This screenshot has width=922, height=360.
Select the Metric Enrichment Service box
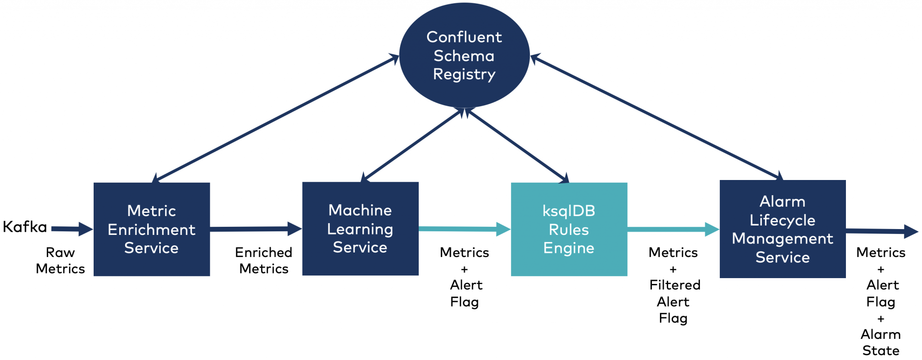(x=152, y=229)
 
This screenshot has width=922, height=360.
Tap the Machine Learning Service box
(x=360, y=229)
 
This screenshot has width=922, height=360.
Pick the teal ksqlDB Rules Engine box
(x=569, y=229)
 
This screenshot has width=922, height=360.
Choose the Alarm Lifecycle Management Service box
(x=782, y=229)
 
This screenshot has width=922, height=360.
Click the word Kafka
(x=25, y=227)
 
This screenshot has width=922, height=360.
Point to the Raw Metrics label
(x=60, y=261)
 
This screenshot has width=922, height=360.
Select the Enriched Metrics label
(x=264, y=261)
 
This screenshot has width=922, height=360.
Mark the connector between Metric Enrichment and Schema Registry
(x=276, y=119)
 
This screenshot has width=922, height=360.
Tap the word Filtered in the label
(x=675, y=285)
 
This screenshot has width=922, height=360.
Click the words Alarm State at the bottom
(x=881, y=342)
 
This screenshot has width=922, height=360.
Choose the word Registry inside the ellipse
(x=464, y=74)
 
